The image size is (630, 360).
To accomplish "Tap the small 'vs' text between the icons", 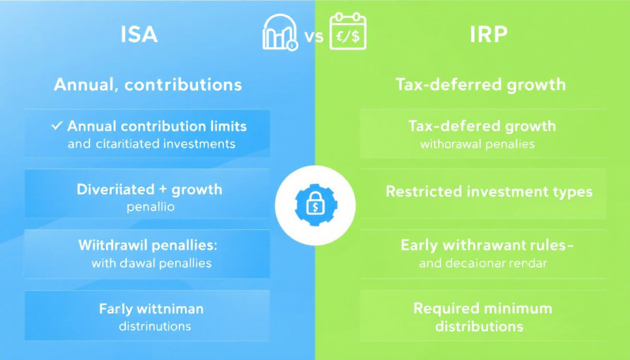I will (x=314, y=36).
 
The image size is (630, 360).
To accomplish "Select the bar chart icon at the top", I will (x=280, y=33).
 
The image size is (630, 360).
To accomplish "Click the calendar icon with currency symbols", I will (x=348, y=32).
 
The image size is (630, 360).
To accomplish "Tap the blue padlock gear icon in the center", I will (x=315, y=205).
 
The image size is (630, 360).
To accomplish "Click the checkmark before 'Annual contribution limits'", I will (x=57, y=126).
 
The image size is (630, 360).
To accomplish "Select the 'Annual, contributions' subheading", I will (x=148, y=84).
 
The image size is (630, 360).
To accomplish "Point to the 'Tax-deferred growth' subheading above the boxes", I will (x=480, y=85).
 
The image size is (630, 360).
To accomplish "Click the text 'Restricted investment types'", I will (x=489, y=191).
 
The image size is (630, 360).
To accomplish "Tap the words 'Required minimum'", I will (x=482, y=308).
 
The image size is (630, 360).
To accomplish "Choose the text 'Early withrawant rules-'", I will (x=487, y=245).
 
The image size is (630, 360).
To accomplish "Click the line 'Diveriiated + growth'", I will (x=149, y=189).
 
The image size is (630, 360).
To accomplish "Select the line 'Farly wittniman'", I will (x=151, y=309).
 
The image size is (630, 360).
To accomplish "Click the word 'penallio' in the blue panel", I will (x=150, y=207).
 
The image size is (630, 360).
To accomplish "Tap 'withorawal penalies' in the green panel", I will (x=477, y=143).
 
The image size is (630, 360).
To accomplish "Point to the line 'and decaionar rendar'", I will (x=482, y=263).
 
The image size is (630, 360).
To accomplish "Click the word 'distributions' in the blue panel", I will (x=155, y=326).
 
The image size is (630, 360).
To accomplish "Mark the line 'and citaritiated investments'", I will (x=151, y=143).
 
